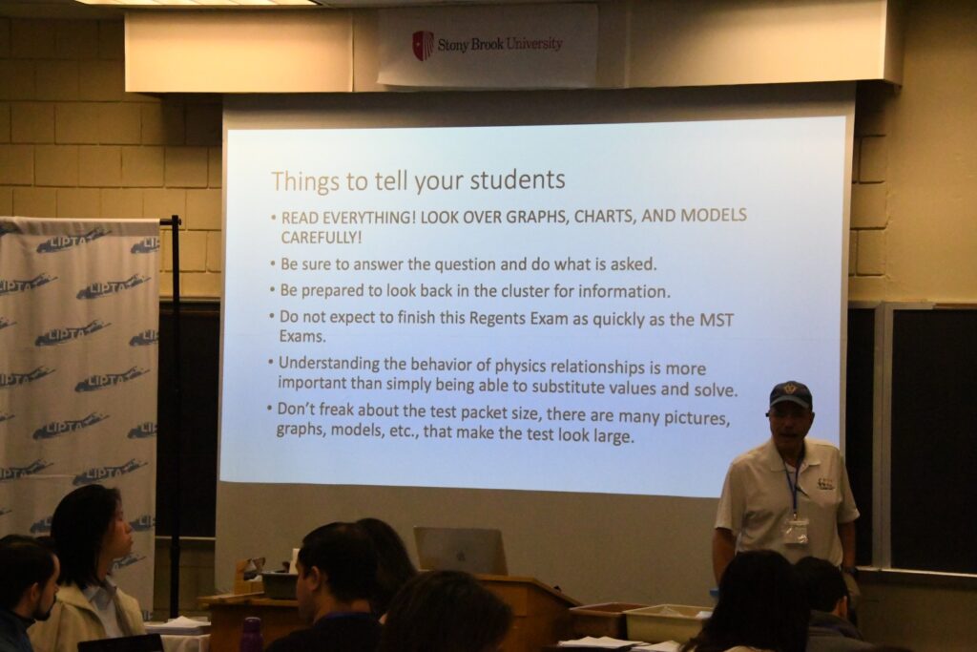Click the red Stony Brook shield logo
pos(423,45)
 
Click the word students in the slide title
pos(517,179)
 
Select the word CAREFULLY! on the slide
pos(321,238)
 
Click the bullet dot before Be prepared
pos(272,290)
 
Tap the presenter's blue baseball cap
pos(790,394)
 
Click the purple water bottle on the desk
pos(251,634)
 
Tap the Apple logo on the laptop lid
pos(461,554)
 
